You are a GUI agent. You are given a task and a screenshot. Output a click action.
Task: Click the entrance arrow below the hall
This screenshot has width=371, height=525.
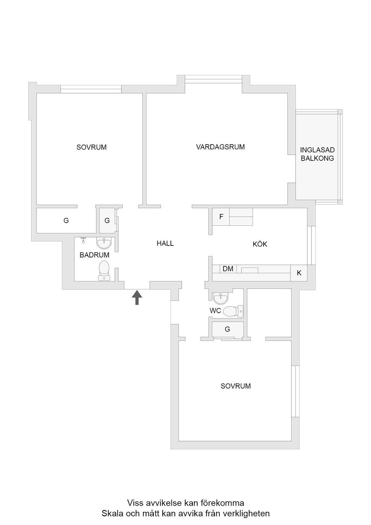137,297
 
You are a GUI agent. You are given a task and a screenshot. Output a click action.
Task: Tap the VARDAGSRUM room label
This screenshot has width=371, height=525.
220,147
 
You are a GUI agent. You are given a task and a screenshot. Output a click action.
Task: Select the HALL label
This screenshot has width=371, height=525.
165,243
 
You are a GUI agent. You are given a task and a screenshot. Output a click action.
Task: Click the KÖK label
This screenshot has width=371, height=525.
260,244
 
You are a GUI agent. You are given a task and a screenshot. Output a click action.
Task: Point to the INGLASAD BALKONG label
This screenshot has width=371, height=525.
317,154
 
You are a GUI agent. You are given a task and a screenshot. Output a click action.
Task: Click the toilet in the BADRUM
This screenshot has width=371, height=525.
104,271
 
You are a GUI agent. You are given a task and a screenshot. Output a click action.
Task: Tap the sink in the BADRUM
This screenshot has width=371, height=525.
104,243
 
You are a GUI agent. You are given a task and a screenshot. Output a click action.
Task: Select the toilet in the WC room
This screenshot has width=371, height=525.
233,311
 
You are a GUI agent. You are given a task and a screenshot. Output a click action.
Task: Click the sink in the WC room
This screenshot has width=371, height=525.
220,298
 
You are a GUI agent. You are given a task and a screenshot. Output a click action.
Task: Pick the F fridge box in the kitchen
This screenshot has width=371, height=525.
221,217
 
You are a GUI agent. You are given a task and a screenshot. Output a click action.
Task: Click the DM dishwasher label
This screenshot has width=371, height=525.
228,269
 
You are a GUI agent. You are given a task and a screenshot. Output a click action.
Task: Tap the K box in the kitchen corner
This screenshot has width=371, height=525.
299,273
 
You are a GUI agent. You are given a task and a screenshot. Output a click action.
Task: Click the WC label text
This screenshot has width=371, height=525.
215,311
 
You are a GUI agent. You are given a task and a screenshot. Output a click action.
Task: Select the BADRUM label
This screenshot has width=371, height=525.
94,255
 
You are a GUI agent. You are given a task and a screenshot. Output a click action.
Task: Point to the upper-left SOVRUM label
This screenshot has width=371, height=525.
92,147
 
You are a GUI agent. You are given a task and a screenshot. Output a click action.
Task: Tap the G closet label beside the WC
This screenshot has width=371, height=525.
227,329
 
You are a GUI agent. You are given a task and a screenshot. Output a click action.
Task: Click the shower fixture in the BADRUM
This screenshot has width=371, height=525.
83,240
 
